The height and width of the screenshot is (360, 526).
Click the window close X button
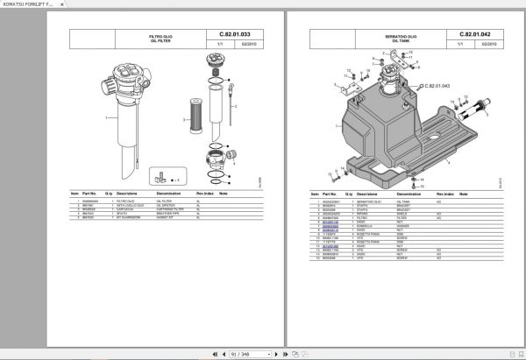tap(517, 5)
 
